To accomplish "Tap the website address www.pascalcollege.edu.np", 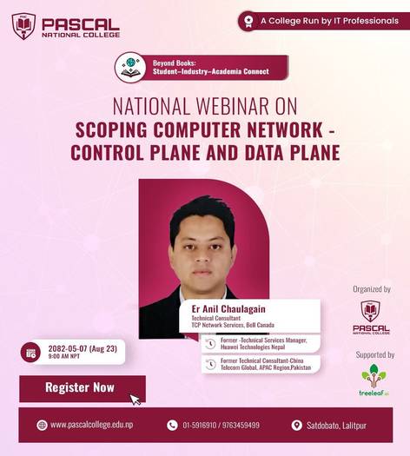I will (x=91, y=425).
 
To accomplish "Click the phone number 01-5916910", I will (x=202, y=426).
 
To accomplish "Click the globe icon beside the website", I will (x=42, y=425).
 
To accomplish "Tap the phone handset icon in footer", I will (x=172, y=426).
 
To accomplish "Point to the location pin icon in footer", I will (x=298, y=426).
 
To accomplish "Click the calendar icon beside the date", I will (x=31, y=353).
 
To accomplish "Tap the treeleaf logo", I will (x=374, y=380).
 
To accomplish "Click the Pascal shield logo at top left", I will (x=23, y=26).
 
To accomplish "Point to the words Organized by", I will (x=371, y=289).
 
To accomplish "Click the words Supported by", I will (x=374, y=354).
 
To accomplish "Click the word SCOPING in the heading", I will (x=116, y=132).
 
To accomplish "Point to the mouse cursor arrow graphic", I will (x=136, y=399).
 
